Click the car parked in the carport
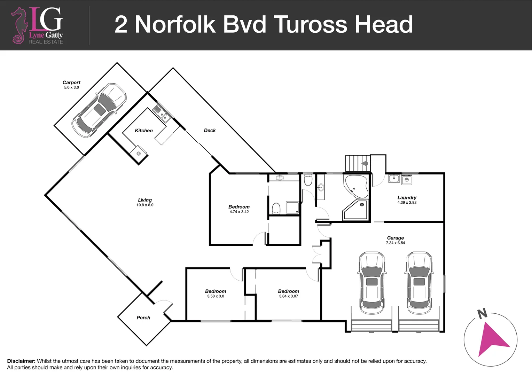[99, 110]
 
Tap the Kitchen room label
[143, 131]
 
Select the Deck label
[210, 130]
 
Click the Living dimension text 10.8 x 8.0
[145, 205]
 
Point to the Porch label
[143, 318]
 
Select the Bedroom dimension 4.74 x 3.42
[239, 212]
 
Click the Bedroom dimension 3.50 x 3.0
[216, 296]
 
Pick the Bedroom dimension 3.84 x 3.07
[288, 296]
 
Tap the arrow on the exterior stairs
[365, 163]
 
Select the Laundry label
[407, 197]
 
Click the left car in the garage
[372, 282]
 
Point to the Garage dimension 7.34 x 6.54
[395, 243]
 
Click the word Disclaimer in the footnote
[21, 361]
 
